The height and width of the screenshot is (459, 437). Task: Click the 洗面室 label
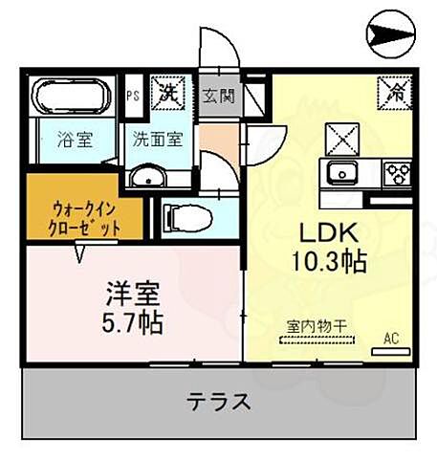158,137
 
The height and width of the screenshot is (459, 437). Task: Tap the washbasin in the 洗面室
146,176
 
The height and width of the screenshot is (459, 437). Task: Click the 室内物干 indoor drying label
316,328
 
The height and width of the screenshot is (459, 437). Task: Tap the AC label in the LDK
390,338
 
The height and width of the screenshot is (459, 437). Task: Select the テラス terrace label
220,400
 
